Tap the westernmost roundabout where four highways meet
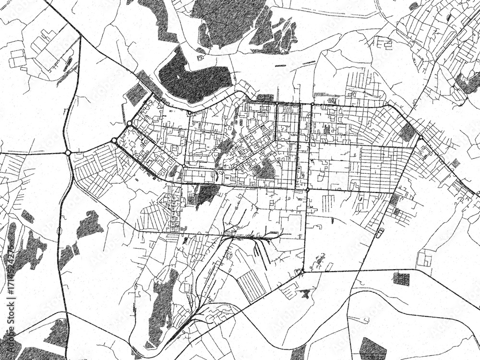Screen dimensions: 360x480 pos(68,153)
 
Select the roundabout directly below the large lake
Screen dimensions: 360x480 pos(190,113)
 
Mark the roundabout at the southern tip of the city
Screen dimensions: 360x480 pos(302,272)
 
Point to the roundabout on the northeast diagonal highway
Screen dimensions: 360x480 pos(420,138)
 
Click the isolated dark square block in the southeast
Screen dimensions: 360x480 pos(401,278)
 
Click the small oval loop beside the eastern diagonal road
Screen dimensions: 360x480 pos(380,233)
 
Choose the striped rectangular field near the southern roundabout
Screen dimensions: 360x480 pos(251,285)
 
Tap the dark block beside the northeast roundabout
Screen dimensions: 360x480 pos(407,132)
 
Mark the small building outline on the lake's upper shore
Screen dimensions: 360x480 pos(200,58)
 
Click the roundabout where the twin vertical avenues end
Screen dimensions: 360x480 pos(307,190)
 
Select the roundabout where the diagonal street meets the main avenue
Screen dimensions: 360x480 pos(184,167)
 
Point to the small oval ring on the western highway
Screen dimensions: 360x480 pos(59,231)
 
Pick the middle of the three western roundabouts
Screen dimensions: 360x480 pos(114,140)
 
